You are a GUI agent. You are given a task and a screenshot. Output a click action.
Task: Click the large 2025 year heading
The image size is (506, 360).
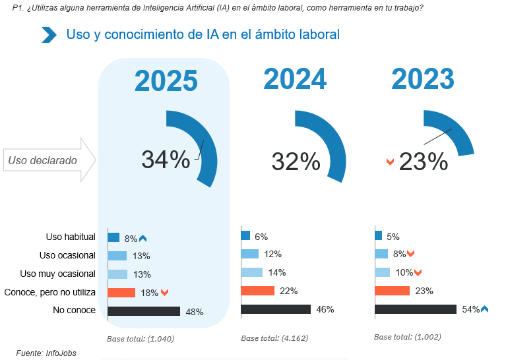point(166,81)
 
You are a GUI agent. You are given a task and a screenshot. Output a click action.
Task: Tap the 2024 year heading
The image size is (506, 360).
point(295,79)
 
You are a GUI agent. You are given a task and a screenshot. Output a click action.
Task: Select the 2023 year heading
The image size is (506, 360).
point(423,79)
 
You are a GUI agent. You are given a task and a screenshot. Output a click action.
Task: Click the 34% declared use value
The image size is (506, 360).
point(166,160)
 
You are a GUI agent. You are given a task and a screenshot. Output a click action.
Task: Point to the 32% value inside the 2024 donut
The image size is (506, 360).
point(296,160)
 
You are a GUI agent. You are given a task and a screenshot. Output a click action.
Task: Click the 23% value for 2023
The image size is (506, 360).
point(424,161)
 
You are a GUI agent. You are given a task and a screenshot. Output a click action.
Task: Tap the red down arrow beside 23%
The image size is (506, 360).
point(390,162)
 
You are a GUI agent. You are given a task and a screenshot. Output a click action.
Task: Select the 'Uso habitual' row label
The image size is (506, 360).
point(71,237)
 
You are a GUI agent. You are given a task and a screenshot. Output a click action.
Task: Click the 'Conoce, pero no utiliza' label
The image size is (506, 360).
point(50,292)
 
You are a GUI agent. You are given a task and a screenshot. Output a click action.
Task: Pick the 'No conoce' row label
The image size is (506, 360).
point(74,311)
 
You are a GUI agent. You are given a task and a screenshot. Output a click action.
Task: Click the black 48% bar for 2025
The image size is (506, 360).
point(144,311)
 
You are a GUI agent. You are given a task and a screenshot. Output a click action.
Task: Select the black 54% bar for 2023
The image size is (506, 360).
point(415,309)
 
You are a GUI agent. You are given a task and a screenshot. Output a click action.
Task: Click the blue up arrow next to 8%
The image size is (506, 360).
point(142,239)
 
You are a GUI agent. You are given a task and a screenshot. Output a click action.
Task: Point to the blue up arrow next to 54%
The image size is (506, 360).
point(484,309)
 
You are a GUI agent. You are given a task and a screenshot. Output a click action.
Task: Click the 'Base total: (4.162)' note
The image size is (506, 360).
point(274,338)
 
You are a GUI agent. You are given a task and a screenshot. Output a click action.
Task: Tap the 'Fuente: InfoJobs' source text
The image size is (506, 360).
point(46,353)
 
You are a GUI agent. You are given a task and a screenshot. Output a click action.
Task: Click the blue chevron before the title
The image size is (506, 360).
point(49,35)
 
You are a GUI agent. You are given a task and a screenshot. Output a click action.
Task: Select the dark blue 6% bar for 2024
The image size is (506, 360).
point(245,236)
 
